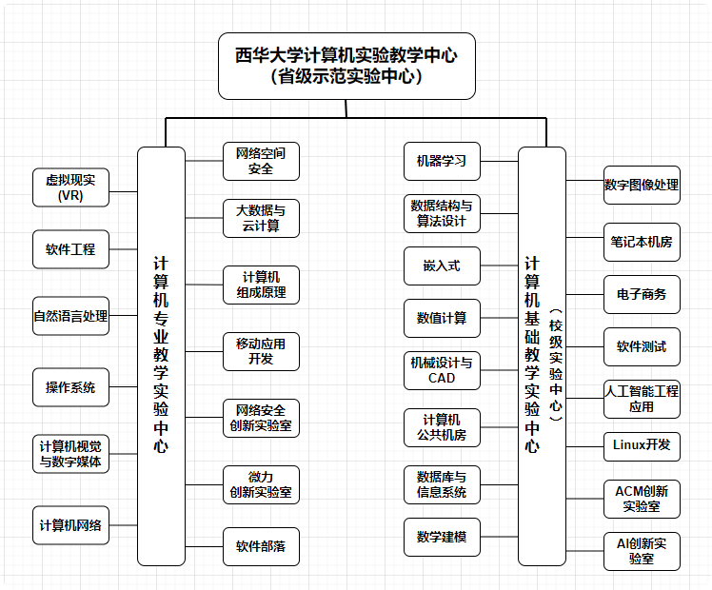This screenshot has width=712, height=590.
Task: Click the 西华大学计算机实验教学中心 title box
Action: click(346, 66)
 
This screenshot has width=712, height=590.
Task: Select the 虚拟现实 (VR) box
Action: click(70, 187)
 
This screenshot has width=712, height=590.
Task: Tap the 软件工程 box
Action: click(70, 249)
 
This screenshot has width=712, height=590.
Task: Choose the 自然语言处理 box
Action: click(70, 316)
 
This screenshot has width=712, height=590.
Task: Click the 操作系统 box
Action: click(70, 387)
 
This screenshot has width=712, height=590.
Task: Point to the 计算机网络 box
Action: click(70, 524)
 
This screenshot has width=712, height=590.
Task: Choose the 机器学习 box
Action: click(442, 161)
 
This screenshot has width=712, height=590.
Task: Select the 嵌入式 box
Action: click(442, 265)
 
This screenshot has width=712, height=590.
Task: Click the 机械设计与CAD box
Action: click(442, 370)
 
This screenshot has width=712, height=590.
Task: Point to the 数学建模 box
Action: click(442, 537)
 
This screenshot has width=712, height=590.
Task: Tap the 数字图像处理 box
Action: click(642, 185)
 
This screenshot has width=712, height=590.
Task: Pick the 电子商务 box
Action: click(642, 294)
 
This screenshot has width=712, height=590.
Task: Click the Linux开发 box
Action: click(642, 444)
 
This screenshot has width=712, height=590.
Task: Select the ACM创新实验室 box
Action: click(642, 499)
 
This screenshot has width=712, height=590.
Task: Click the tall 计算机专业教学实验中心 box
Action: click(161, 356)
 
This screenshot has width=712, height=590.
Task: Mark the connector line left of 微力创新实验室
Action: click(204, 484)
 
